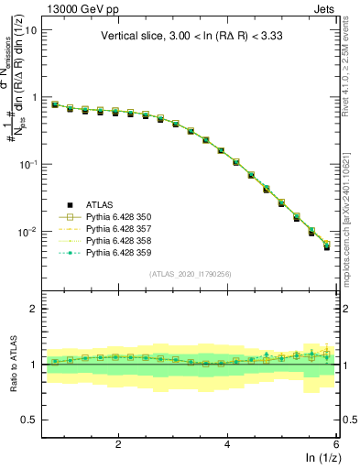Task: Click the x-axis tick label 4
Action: tap(227, 443)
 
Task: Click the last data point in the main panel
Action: tap(327, 246)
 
